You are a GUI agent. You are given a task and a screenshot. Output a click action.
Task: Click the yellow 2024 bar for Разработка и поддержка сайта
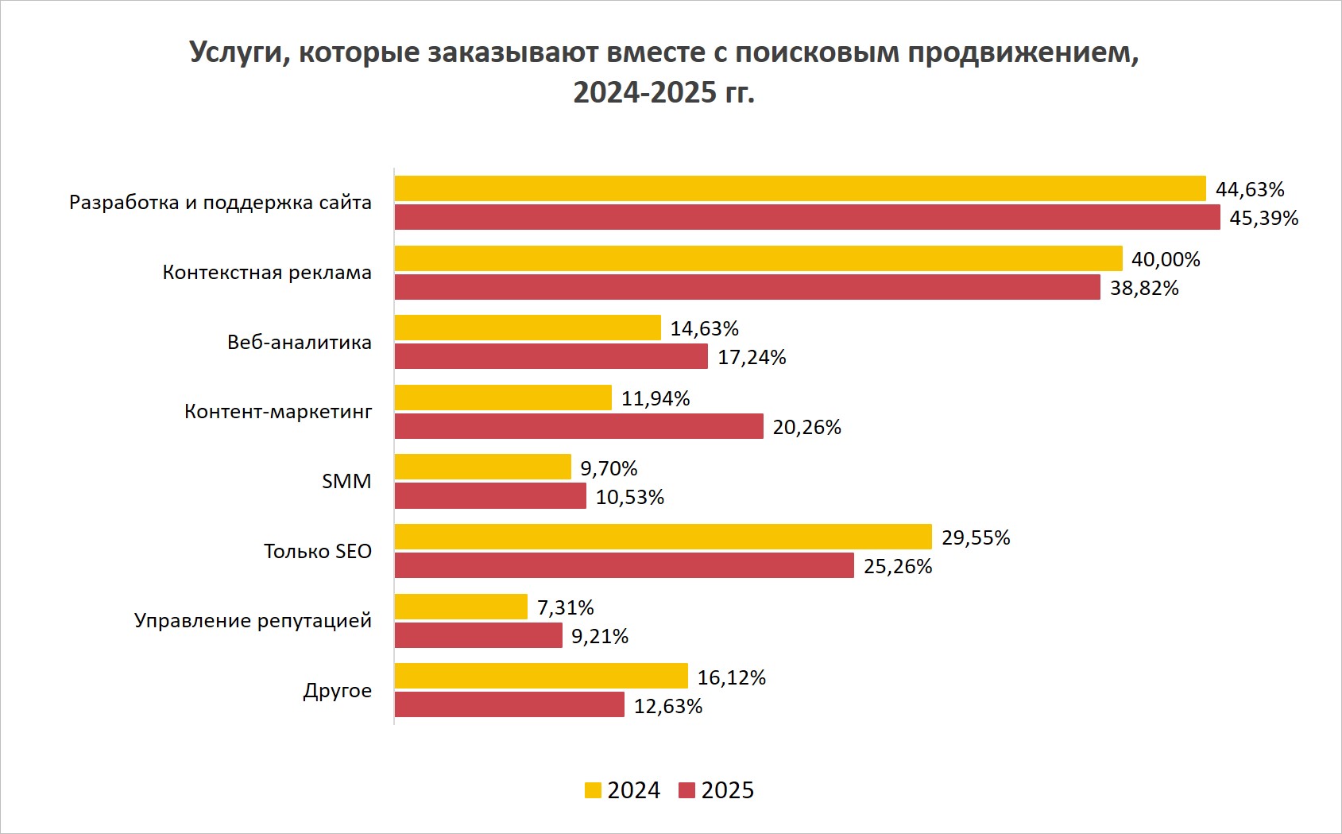tap(799, 188)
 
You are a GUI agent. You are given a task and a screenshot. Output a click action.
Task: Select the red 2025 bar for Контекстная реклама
tap(747, 287)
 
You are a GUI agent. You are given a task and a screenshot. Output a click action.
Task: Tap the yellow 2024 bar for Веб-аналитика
tap(528, 328)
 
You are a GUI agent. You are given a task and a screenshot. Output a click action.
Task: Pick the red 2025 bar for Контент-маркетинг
tap(578, 426)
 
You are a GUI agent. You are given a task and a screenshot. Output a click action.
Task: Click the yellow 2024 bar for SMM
tap(482, 467)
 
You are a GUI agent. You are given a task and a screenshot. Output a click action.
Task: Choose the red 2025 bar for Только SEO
tap(624, 565)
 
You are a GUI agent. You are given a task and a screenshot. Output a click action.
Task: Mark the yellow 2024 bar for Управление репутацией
tap(461, 607)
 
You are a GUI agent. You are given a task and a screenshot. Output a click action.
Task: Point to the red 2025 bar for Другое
tap(509, 704)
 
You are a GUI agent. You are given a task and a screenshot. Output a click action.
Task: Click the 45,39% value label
tap(1263, 218)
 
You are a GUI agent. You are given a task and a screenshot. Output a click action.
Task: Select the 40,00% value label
tap(1166, 259)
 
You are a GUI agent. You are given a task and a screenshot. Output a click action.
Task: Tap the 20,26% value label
tap(806, 427)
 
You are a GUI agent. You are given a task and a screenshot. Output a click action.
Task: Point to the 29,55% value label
tap(976, 537)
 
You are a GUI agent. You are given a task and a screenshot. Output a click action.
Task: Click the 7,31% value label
tap(565, 607)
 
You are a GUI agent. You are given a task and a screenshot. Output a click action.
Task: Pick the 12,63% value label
tap(667, 706)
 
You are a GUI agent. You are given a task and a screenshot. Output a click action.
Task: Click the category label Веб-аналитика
tap(300, 342)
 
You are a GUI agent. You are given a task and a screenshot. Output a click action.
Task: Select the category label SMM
tap(346, 481)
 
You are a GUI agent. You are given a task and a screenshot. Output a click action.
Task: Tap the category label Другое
tap(337, 690)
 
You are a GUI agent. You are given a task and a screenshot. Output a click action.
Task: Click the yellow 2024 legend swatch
tap(593, 790)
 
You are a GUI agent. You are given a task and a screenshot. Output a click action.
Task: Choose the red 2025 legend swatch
tap(686, 790)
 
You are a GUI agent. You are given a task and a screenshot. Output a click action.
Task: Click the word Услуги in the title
tap(238, 52)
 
